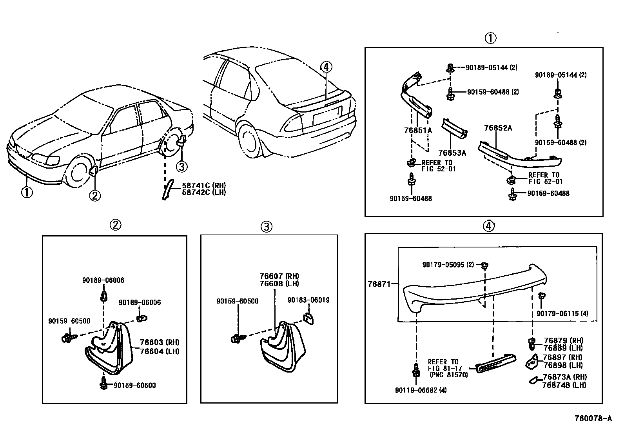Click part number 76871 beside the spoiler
(x=379, y=284)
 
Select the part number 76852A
(x=498, y=128)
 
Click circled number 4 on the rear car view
(x=326, y=67)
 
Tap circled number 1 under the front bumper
(x=26, y=192)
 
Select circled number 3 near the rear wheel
(x=181, y=167)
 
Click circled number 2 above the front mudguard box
(x=114, y=225)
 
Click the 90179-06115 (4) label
(x=562, y=313)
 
